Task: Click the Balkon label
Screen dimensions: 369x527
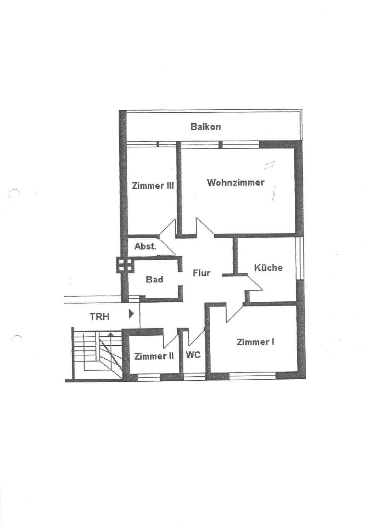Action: click(205, 127)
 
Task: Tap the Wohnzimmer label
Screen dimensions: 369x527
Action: click(235, 182)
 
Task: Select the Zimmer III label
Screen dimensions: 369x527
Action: click(153, 186)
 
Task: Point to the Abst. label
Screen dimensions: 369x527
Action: click(145, 246)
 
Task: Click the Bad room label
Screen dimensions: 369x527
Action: click(154, 279)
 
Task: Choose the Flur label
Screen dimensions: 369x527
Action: click(201, 273)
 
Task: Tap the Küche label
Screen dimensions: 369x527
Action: click(268, 267)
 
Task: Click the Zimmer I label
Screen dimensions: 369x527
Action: click(255, 342)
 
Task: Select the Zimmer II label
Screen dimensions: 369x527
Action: click(154, 356)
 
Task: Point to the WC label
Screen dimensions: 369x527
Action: click(193, 355)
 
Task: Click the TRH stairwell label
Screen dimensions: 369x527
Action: click(99, 317)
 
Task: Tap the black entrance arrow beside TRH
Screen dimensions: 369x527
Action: click(131, 314)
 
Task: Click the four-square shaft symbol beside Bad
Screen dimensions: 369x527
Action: click(125, 265)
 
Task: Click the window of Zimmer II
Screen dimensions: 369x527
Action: click(149, 377)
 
